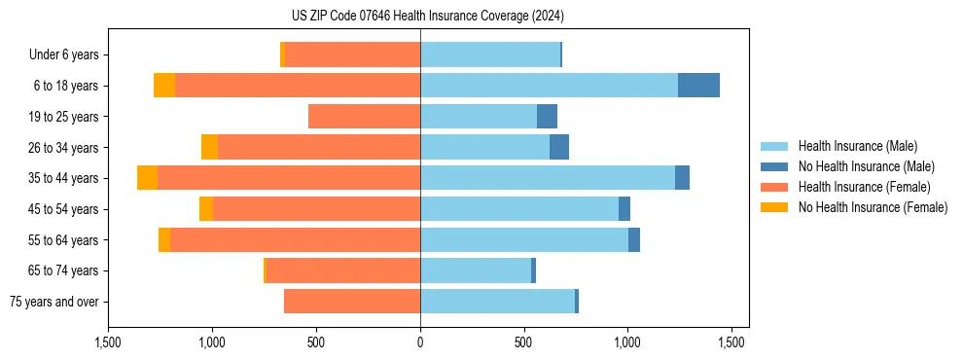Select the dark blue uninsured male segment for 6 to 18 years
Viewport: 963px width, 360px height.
coord(698,86)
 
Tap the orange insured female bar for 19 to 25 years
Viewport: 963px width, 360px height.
coord(364,117)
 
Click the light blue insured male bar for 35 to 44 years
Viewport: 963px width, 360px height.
coord(547,178)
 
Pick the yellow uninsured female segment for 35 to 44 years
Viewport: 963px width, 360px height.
coord(147,178)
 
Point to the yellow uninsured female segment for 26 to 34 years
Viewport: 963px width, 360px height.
coord(209,147)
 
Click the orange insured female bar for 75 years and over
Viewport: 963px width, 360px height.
coord(351,302)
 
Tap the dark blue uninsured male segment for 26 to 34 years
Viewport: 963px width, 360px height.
coord(559,147)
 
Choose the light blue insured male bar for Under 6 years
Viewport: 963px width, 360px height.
coord(490,54)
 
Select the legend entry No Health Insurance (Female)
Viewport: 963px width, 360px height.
coord(873,207)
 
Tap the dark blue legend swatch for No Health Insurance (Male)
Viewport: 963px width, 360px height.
coord(774,166)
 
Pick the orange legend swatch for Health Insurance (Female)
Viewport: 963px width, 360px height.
coord(774,187)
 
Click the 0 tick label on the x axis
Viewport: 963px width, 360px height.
coord(420,342)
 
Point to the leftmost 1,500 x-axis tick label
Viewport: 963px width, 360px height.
coord(108,342)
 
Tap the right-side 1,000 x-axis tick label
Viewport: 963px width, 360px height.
coord(627,342)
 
